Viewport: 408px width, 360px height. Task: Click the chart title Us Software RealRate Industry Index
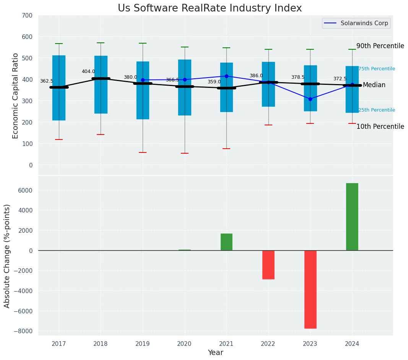[x=210, y=8]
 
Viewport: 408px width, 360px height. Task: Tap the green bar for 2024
[x=352, y=217]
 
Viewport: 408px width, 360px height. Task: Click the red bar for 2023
[x=310, y=289]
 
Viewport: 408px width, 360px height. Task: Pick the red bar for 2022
[x=268, y=265]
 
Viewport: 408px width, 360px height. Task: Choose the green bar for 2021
[x=226, y=242]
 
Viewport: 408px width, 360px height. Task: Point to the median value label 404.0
[x=88, y=71]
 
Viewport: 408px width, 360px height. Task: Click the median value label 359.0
[x=214, y=82]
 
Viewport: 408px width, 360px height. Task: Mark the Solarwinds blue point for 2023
[x=310, y=99]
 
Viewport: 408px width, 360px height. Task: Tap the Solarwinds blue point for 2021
[x=226, y=76]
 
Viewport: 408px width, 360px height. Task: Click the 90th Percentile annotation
[x=380, y=46]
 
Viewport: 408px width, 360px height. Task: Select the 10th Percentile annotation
[x=380, y=126]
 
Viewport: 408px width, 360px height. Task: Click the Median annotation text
[x=374, y=85]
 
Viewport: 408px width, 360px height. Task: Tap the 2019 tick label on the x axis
[x=143, y=344]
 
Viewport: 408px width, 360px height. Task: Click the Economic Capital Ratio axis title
[x=16, y=96]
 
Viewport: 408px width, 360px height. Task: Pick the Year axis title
[x=216, y=353]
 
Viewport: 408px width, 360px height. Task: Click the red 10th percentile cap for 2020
[x=185, y=153]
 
